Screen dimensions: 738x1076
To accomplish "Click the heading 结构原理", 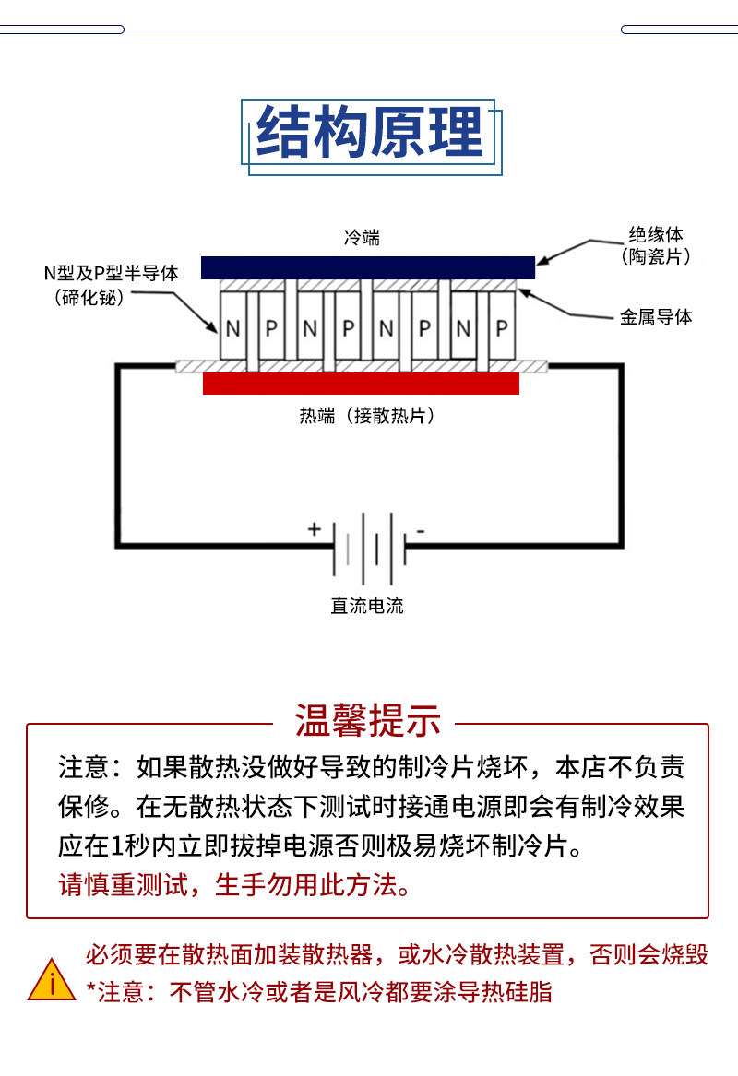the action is (x=369, y=132).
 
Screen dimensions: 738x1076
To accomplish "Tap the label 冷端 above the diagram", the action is (x=362, y=238).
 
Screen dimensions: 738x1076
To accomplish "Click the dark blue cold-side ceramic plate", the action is (x=368, y=267).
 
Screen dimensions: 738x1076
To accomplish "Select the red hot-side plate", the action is (x=361, y=384).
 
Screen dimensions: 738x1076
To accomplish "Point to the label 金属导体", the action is (x=656, y=316).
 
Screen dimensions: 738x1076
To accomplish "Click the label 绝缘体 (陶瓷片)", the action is (x=656, y=245).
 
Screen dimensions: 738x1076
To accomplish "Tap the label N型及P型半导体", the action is (x=112, y=273).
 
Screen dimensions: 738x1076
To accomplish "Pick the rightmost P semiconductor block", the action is (x=502, y=325).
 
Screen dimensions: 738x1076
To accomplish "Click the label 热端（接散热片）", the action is (x=367, y=415).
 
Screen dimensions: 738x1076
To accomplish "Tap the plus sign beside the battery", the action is (x=315, y=529).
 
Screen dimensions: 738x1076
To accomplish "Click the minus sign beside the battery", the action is (x=421, y=531).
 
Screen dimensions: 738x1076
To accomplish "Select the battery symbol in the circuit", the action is (x=369, y=549).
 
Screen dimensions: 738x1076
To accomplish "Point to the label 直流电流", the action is (x=367, y=605).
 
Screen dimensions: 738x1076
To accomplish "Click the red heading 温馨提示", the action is (x=367, y=720).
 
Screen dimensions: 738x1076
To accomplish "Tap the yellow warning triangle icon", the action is (x=52, y=980).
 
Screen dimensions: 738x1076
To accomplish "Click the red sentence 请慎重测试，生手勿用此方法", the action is (x=234, y=884).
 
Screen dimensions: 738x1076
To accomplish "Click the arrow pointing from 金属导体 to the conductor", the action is (x=565, y=307).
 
